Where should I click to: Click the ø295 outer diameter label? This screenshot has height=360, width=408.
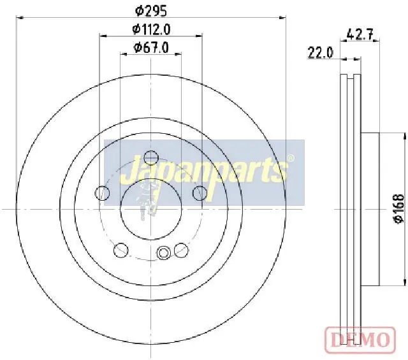(x=151, y=11)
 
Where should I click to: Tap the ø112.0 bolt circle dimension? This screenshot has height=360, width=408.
(x=151, y=29)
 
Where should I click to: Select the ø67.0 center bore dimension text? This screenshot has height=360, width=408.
(x=151, y=47)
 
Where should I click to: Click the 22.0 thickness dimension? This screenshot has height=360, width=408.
(x=320, y=53)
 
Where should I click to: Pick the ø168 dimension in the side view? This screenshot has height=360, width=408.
(x=399, y=208)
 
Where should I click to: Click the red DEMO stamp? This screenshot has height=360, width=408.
(x=360, y=340)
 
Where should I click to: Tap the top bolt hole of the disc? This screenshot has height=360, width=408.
(x=151, y=158)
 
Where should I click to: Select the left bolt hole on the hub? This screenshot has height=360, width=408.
(x=102, y=193)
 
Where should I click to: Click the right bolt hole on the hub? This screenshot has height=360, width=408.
(x=200, y=193)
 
